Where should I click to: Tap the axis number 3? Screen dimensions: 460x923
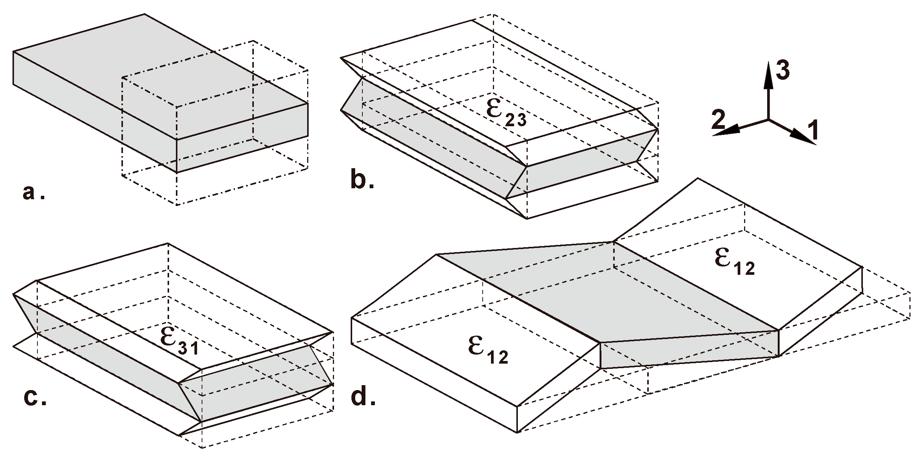782,71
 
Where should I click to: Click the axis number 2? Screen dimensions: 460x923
718,120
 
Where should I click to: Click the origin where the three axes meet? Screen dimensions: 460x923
768,119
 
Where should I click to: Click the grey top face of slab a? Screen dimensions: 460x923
151,76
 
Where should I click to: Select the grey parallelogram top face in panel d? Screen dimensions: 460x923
605,295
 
